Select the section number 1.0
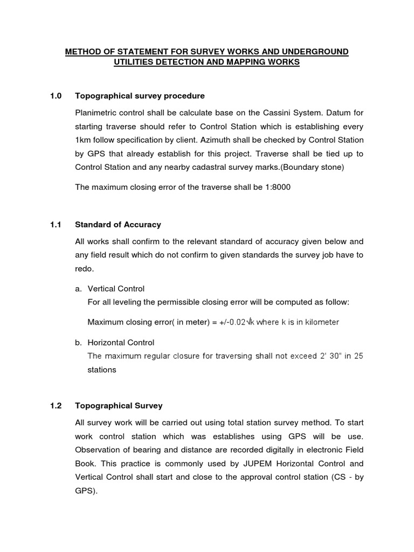tap(56, 96)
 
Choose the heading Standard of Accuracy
tap(118, 224)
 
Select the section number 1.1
tap(56, 224)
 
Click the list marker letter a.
tap(78, 288)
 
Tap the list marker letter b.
tap(78, 342)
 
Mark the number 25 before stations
tap(358, 356)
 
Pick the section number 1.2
tap(56, 405)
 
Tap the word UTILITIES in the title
tap(135, 63)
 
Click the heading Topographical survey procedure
tap(140, 96)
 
